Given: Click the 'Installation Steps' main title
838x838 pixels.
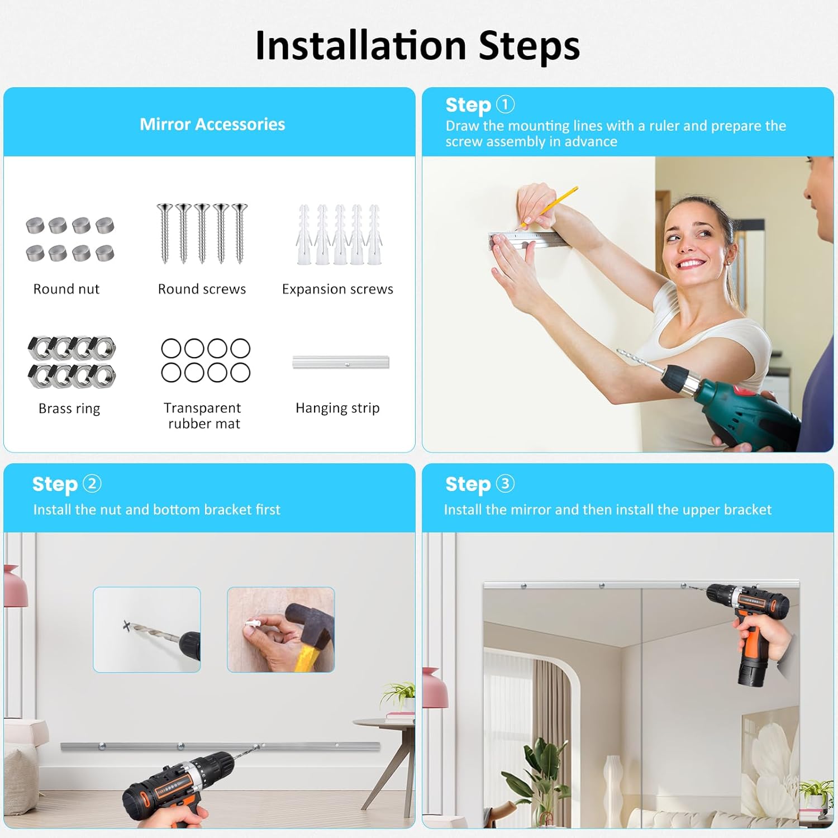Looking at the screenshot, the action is [x=417, y=45].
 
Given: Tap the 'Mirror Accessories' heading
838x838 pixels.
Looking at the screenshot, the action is [x=212, y=124].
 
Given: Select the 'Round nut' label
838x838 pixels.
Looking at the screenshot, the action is [x=66, y=289].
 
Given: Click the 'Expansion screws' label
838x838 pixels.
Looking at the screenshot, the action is [x=337, y=289].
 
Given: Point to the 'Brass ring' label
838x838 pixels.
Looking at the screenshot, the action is [x=69, y=408].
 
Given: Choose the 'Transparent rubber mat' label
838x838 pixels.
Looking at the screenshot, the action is [x=203, y=416].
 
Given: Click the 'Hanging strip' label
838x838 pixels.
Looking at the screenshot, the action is [x=337, y=408].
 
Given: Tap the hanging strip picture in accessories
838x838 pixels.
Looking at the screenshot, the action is [x=341, y=362].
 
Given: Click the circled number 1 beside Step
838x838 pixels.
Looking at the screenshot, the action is [x=505, y=104].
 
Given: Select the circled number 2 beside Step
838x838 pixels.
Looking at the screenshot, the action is [x=92, y=483].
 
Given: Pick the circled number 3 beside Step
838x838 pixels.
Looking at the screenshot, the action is [x=505, y=483].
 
